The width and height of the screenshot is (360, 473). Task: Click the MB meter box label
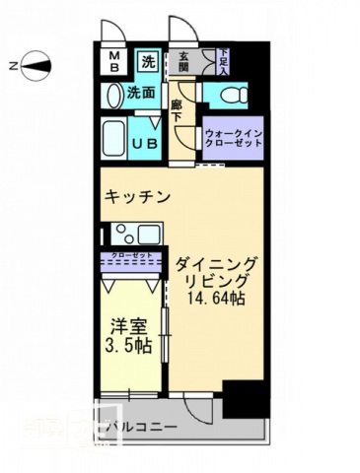[113, 61]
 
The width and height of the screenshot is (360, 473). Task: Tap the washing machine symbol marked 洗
[147, 60]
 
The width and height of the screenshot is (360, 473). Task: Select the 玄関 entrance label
[184, 60]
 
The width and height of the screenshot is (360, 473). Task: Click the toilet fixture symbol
[229, 96]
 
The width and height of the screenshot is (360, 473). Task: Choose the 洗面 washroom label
[141, 95]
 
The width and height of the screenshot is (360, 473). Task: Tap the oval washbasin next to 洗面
[113, 95]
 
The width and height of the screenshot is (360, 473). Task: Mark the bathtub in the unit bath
[113, 139]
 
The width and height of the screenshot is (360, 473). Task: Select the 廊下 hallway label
[177, 110]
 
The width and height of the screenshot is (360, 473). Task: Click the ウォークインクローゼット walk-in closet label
[234, 138]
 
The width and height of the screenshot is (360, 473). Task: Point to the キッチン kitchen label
[138, 196]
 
